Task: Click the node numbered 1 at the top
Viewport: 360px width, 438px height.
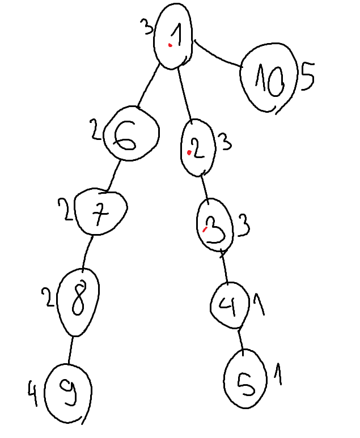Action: (x=173, y=36)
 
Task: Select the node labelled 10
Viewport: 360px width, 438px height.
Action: (x=269, y=78)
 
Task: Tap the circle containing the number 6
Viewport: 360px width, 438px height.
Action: (x=131, y=134)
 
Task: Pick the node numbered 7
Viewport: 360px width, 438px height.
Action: (x=101, y=211)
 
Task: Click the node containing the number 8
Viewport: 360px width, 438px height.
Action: (x=78, y=302)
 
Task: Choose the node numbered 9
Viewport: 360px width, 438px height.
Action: (x=68, y=393)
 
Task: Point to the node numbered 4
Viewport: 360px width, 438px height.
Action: (x=230, y=305)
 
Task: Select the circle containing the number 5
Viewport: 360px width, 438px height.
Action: (x=245, y=379)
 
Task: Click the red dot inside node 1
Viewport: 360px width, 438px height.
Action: (x=170, y=45)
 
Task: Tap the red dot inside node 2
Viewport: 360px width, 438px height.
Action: (x=189, y=152)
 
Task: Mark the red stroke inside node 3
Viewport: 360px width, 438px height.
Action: (x=205, y=229)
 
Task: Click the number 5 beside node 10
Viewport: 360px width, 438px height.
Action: (x=307, y=76)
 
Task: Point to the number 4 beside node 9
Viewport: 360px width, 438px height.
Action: (x=32, y=394)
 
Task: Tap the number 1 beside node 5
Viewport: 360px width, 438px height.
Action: (x=278, y=374)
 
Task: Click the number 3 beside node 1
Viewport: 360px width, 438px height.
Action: (x=147, y=27)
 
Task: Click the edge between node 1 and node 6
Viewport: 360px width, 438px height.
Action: (x=148, y=86)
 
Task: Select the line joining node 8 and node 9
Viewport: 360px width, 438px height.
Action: (x=70, y=350)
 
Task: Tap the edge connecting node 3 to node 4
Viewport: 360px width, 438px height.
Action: (x=225, y=266)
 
